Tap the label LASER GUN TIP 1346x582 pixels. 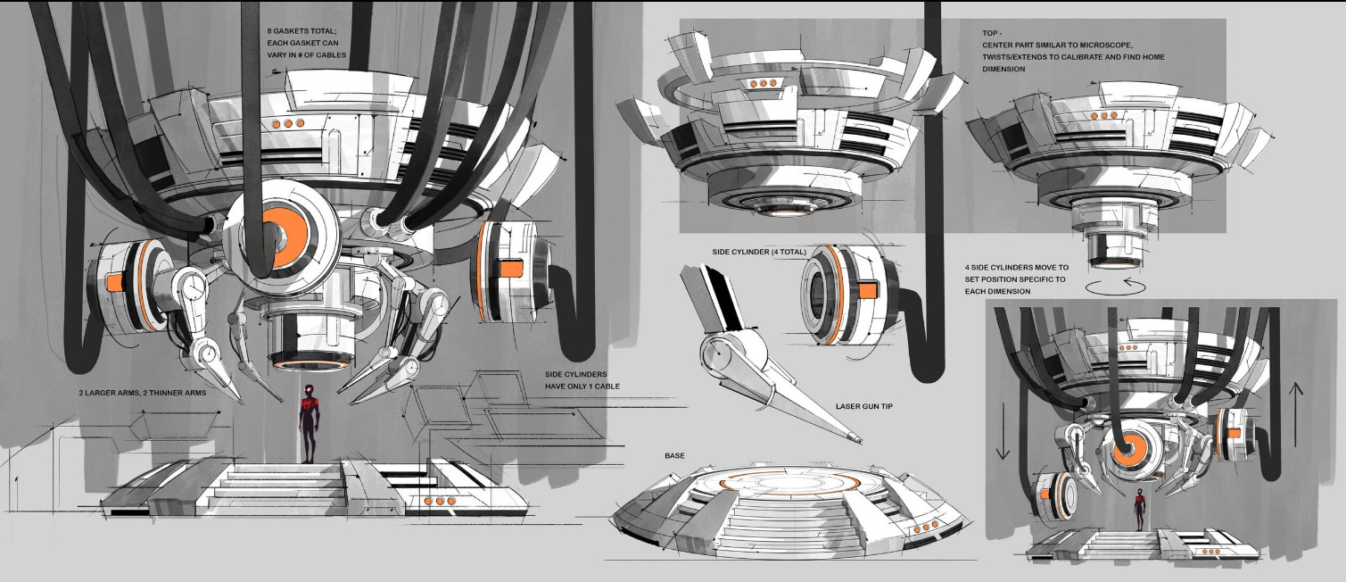tap(864, 406)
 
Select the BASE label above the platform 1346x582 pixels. tap(674, 456)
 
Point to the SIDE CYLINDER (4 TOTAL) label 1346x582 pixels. tap(759, 252)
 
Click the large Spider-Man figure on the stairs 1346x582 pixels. tap(309, 423)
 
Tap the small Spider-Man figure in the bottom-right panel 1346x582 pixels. tap(1139, 510)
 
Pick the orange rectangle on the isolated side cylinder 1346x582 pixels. tap(867, 292)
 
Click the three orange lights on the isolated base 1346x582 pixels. tap(926, 528)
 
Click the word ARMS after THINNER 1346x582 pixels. tap(194, 394)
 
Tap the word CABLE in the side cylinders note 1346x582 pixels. tap(607, 387)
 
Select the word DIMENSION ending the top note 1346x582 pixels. tap(1003, 69)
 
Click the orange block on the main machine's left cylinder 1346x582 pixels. tap(115, 282)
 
